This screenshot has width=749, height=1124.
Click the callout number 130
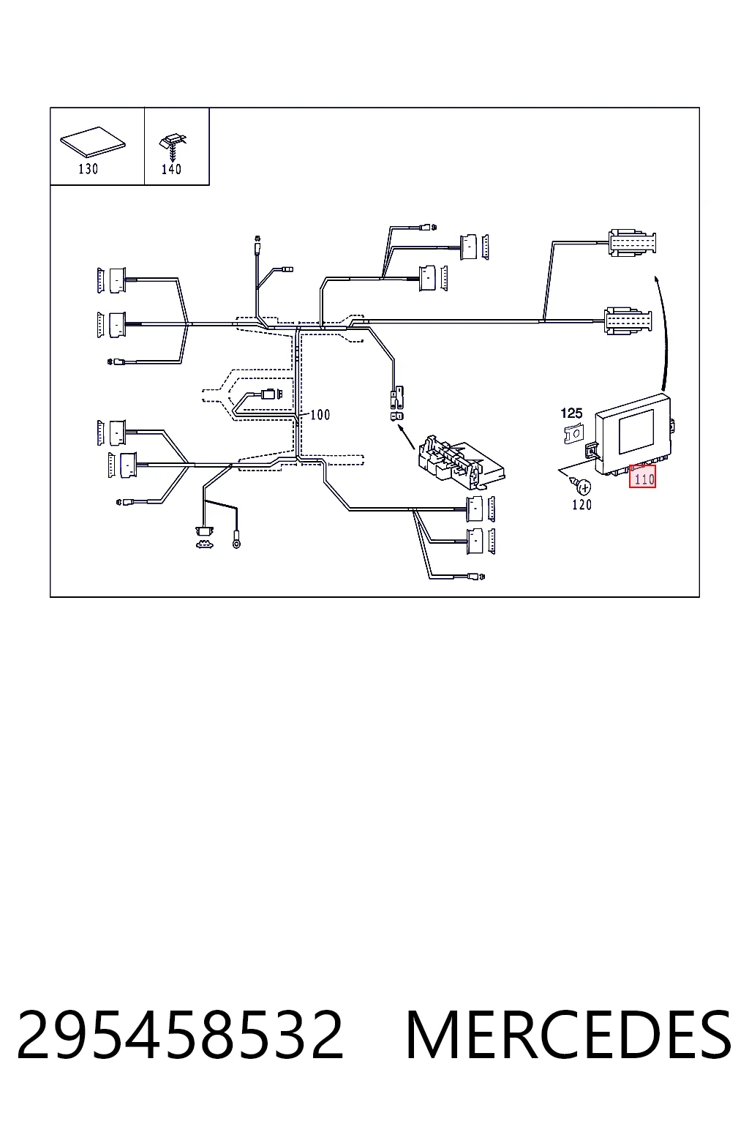(x=89, y=169)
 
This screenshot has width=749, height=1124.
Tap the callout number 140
(x=171, y=169)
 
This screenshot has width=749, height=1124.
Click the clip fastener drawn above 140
(x=172, y=146)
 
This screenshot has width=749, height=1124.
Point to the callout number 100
(x=320, y=414)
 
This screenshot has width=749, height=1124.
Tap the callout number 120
(x=582, y=505)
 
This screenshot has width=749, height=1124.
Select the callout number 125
(x=571, y=413)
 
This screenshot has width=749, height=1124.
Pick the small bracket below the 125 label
(x=573, y=433)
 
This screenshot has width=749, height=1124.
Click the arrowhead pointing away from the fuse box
(x=400, y=428)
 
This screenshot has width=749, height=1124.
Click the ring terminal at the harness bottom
(x=236, y=543)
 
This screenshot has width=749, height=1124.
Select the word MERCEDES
(x=568, y=1035)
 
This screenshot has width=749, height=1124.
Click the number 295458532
(x=180, y=1035)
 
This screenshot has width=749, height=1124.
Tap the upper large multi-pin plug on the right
(x=632, y=242)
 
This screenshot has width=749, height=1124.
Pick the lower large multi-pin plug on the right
(x=628, y=321)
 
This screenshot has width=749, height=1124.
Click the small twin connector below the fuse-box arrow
(x=397, y=416)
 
